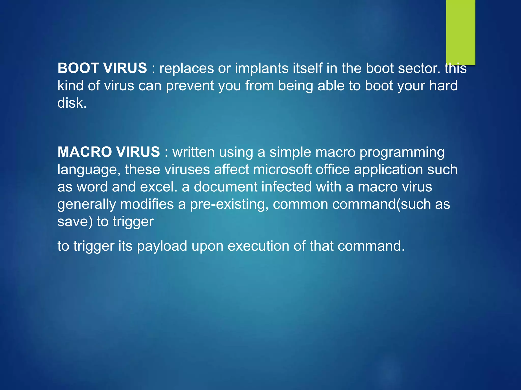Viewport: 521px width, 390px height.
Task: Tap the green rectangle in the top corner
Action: tap(460, 32)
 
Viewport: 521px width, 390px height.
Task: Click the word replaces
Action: tap(186, 68)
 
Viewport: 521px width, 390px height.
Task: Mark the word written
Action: tap(194, 152)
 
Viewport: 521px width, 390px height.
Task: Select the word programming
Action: tap(402, 152)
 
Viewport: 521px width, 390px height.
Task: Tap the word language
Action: tap(89, 169)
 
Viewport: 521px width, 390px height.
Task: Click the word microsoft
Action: tap(282, 169)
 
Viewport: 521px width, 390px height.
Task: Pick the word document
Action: tap(226, 187)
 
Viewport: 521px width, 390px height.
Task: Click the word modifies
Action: tap(147, 204)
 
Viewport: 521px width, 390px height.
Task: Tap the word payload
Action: tap(162, 246)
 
